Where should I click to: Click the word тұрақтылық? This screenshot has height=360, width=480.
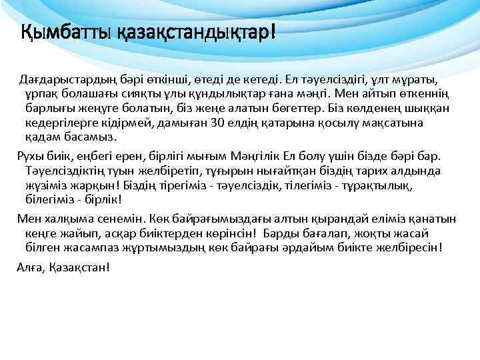377,185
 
